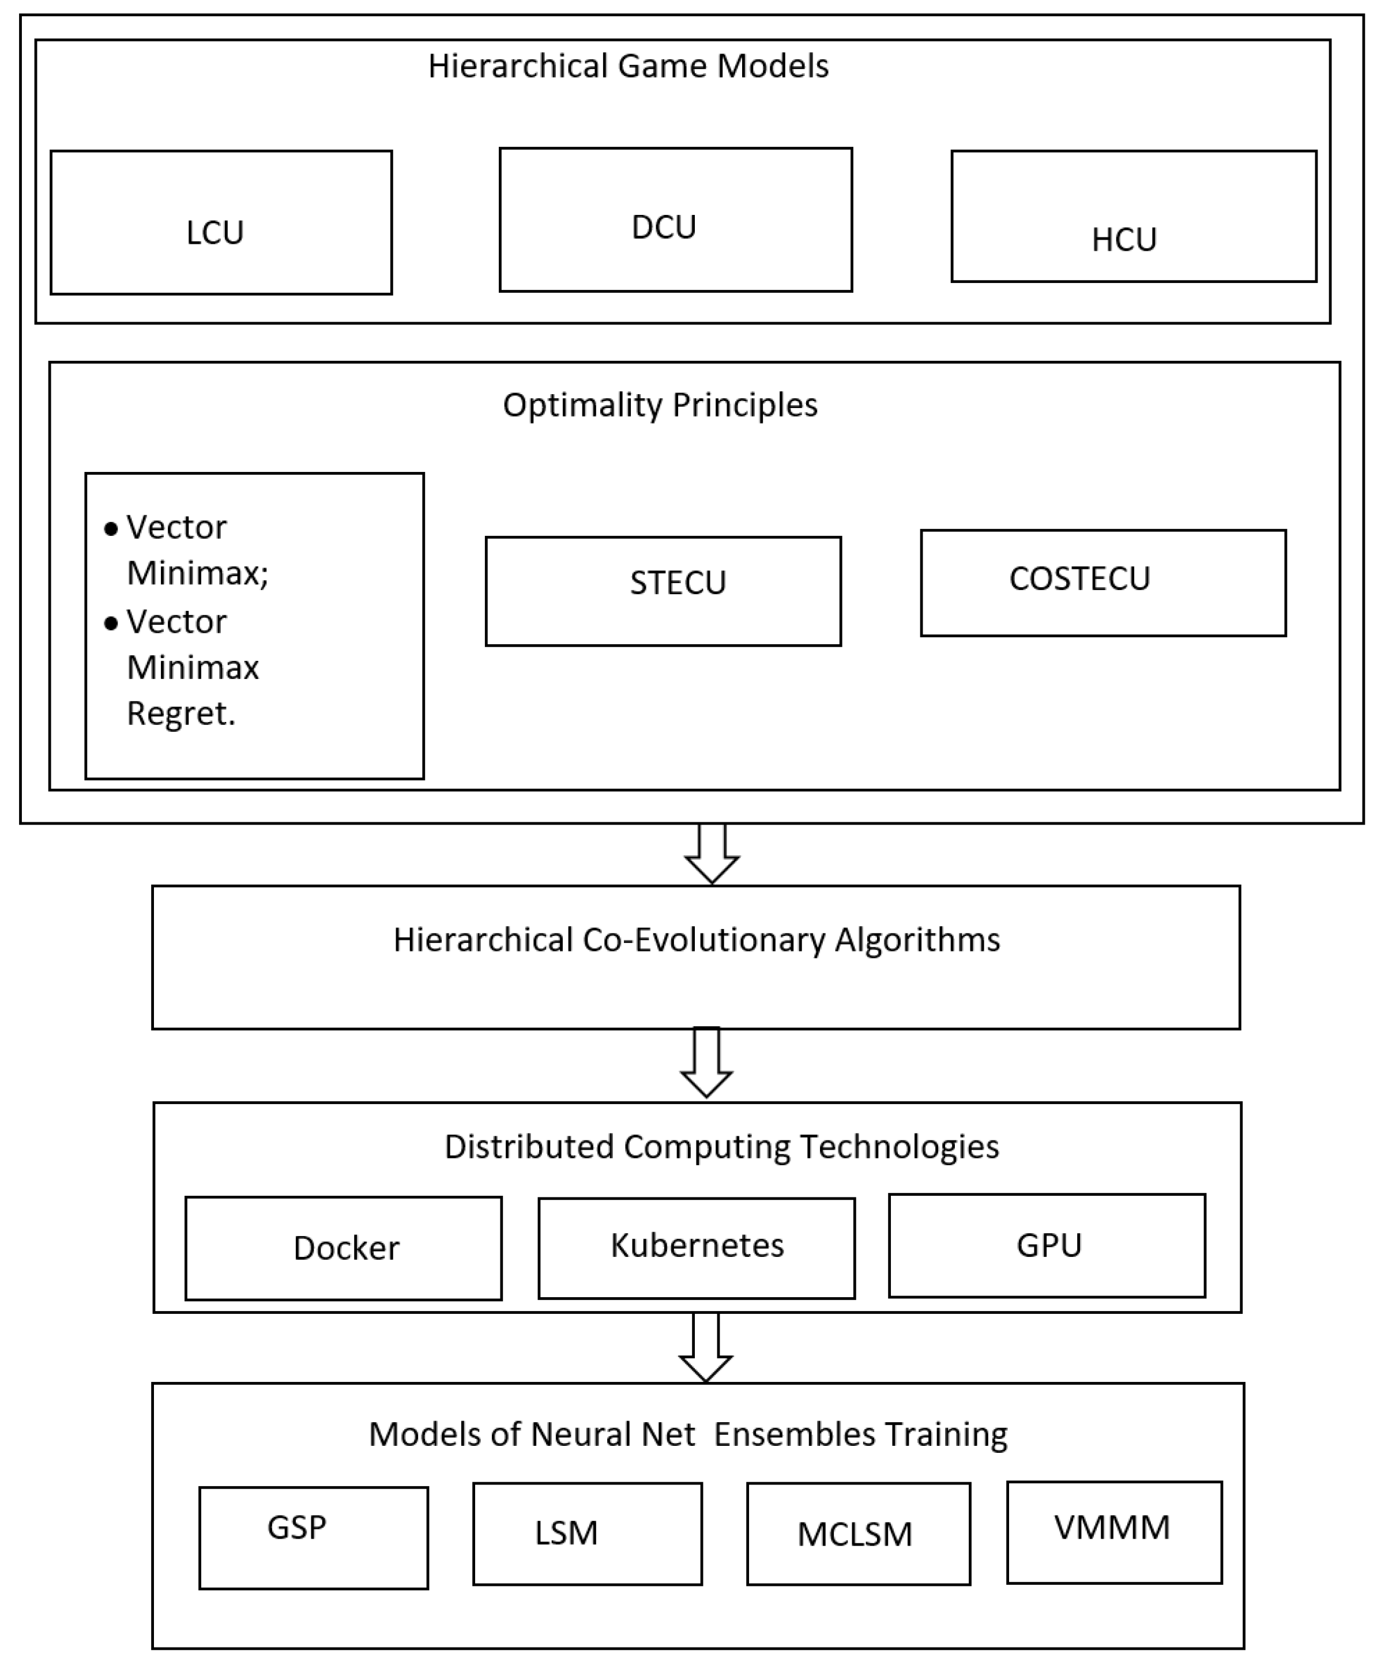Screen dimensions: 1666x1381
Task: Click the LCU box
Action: click(221, 223)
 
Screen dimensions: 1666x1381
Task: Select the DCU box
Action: click(675, 220)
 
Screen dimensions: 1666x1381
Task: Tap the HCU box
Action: click(1134, 217)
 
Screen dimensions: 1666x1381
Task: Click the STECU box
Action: click(663, 591)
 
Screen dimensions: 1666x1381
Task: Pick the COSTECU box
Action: click(1102, 583)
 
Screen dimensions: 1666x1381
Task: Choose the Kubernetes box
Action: click(696, 1248)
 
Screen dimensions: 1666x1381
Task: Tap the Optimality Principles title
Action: click(660, 405)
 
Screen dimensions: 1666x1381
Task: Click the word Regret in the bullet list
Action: click(180, 713)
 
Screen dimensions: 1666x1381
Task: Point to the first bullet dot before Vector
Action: click(111, 529)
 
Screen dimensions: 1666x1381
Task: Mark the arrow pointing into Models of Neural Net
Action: click(706, 1348)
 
